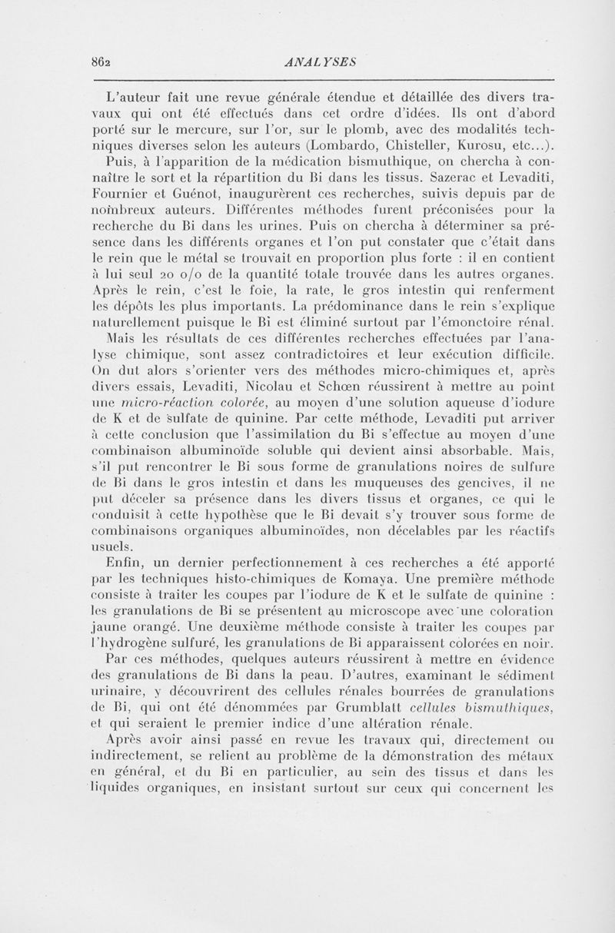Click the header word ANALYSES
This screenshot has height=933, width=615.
317,62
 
